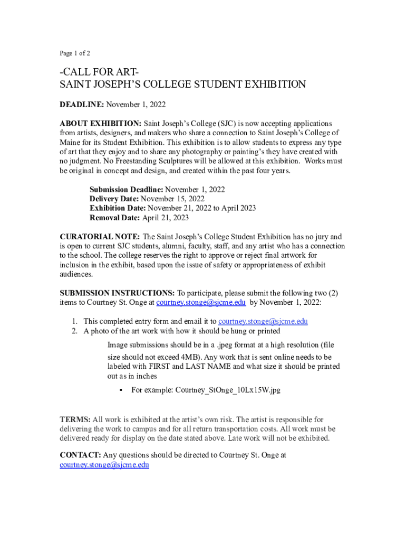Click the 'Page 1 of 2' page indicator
click(75, 53)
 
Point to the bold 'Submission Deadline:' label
click(127, 189)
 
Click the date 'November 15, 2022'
click(173, 199)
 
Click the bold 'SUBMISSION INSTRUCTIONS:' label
click(117, 293)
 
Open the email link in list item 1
click(263, 321)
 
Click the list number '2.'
click(75, 331)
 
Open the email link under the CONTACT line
click(104, 465)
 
